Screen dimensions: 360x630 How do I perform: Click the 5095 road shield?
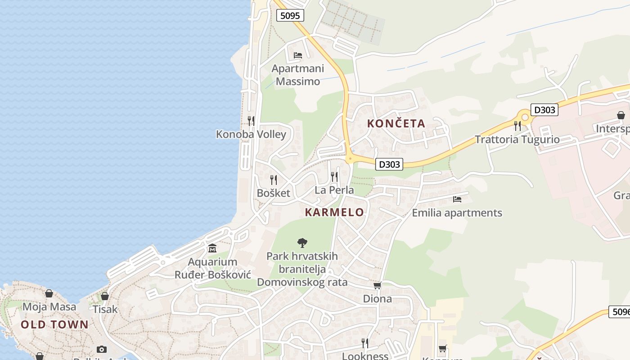(x=290, y=16)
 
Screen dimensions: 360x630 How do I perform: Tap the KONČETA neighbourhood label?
(x=396, y=123)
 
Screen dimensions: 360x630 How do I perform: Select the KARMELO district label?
(x=334, y=212)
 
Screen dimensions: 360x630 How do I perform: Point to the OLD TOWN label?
(x=55, y=324)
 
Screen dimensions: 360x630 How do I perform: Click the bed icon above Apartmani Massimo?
(x=297, y=55)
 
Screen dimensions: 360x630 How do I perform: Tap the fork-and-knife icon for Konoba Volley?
(x=251, y=121)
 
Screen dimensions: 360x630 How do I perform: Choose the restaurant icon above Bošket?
(x=274, y=180)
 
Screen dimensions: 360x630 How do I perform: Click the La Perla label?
(x=334, y=190)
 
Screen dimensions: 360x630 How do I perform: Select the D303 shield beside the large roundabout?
(x=544, y=110)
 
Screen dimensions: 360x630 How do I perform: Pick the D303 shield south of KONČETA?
(x=389, y=164)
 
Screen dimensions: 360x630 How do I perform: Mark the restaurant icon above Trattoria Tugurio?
(x=517, y=126)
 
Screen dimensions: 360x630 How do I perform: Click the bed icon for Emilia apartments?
(x=457, y=199)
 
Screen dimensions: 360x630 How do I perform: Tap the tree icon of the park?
(x=302, y=243)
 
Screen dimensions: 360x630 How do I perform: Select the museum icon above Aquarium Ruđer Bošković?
(x=212, y=248)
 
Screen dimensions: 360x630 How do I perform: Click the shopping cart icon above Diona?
(x=377, y=285)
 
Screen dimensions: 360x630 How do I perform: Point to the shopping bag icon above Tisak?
(x=105, y=296)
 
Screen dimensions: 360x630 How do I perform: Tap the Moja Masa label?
(x=49, y=307)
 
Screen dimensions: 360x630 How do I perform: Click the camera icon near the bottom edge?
(x=102, y=349)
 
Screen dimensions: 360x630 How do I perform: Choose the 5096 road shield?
(x=619, y=311)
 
